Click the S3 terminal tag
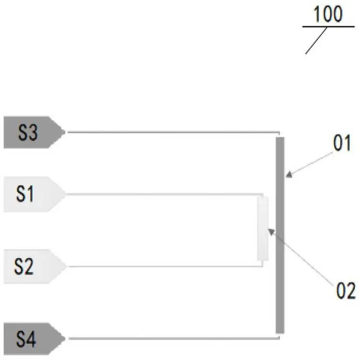click(x=35, y=132)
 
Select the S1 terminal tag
click(x=35, y=194)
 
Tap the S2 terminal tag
click(x=35, y=266)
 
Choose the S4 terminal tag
click(x=35, y=339)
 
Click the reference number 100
click(x=328, y=14)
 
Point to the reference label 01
click(x=342, y=143)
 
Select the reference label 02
click(x=346, y=290)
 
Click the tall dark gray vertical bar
click(x=280, y=235)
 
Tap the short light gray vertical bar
click(x=263, y=228)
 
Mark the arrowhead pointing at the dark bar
click(x=289, y=175)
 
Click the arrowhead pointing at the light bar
click(x=271, y=232)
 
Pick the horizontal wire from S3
click(x=173, y=132)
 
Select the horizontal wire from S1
click(x=165, y=194)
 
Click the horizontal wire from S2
click(x=165, y=266)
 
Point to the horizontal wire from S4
click(x=174, y=338)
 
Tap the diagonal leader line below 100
click(x=316, y=41)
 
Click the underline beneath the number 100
click(x=328, y=26)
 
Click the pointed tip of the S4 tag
click(x=65, y=338)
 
